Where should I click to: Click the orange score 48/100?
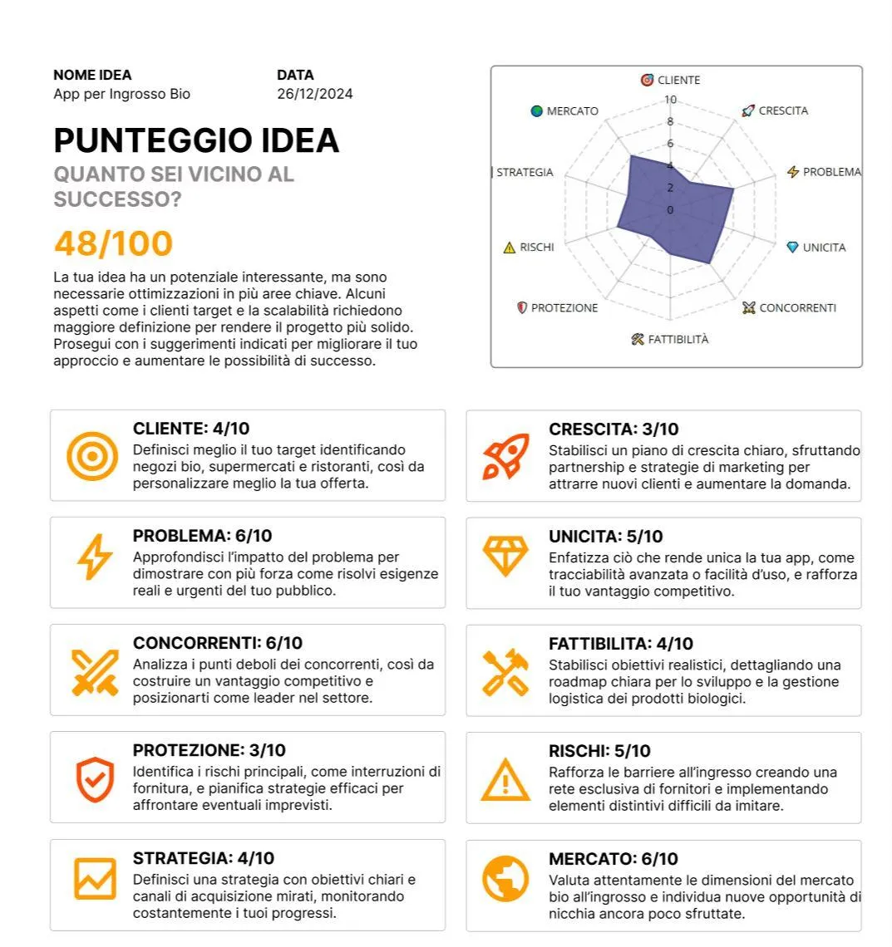pyautogui.click(x=113, y=244)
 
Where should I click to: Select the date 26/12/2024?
pyautogui.click(x=314, y=94)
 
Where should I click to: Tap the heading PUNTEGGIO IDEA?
pyautogui.click(x=196, y=140)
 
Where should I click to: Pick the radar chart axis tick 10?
pyautogui.click(x=670, y=100)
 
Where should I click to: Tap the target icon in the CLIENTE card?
pyautogui.click(x=91, y=456)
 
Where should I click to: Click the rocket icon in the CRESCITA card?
pyautogui.click(x=505, y=456)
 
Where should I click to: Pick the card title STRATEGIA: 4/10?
pyautogui.click(x=204, y=858)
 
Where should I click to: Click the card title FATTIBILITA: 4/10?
pyautogui.click(x=620, y=644)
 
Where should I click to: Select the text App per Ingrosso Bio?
pyautogui.click(x=121, y=94)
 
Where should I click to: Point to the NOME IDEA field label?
pyautogui.click(x=92, y=75)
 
